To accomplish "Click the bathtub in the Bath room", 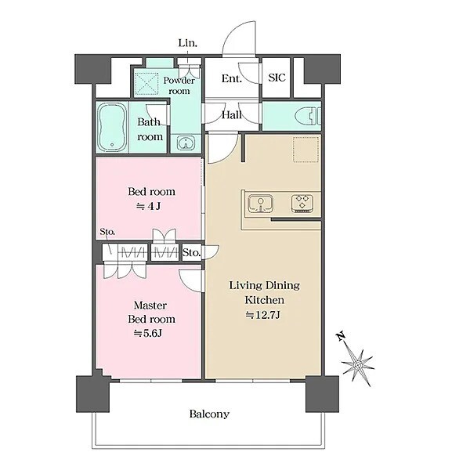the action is [112, 128].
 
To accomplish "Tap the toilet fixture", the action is [308, 116].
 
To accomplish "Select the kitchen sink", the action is [261, 204].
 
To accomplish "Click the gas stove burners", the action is [302, 204].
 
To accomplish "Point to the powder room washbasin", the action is [186, 143].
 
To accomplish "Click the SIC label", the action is [277, 78].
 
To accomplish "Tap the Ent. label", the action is [231, 78].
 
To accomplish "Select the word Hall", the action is [232, 115].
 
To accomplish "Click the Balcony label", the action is [209, 414].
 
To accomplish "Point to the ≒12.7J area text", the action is [263, 315].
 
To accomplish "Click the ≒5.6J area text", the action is [148, 334].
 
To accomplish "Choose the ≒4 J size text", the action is [149, 206].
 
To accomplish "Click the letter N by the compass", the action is [340, 336].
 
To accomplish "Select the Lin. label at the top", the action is [188, 43].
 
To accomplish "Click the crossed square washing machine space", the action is [147, 84].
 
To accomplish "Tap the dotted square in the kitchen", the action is [305, 150].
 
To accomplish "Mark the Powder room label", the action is [179, 85].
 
